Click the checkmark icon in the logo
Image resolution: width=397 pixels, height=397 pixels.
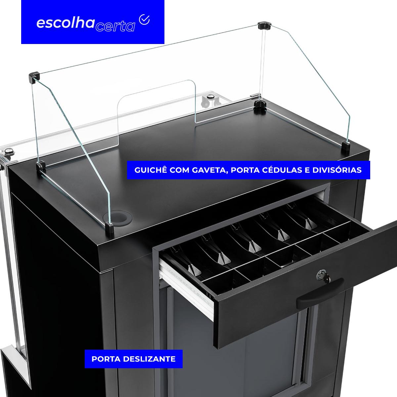pos(144,20)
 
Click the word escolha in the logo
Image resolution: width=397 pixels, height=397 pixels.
pos(66,23)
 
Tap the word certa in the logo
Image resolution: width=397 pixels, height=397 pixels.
pos(115,27)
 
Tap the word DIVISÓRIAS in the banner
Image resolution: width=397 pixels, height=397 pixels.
pos(337,170)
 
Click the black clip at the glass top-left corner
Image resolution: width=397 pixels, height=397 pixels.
pos(34,77)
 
